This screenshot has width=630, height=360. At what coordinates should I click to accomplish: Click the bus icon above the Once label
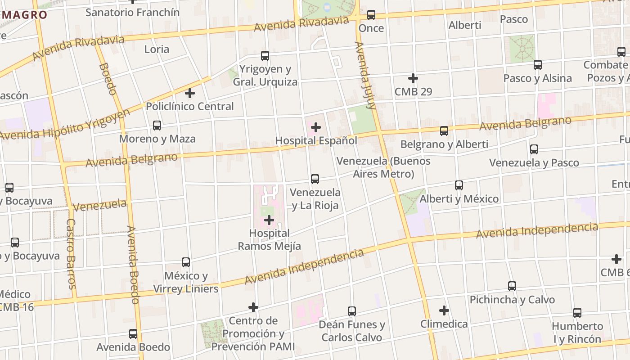coord(371,15)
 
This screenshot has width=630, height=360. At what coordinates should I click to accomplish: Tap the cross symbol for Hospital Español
coord(316,127)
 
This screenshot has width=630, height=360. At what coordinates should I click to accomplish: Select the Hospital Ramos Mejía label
coord(269,240)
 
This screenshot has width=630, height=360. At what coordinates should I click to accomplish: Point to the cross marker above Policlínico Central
coord(190,93)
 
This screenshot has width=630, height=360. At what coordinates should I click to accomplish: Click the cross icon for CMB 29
coord(413,78)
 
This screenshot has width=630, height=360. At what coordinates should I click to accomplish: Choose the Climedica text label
coord(444,324)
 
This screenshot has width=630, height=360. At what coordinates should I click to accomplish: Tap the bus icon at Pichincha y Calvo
coord(512,286)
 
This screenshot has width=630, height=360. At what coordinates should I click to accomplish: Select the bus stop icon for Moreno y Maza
coord(157,125)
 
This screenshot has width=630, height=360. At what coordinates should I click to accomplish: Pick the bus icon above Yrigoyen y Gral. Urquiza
coord(265,56)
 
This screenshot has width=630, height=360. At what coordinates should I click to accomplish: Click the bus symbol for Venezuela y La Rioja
coord(315,179)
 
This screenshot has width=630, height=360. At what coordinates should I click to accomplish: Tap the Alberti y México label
coord(459,199)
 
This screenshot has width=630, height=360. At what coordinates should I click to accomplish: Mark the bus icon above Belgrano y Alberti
coord(444,131)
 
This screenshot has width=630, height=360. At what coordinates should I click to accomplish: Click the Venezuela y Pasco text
coord(534,163)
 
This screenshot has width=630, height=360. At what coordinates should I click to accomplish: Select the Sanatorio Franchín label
coord(132,12)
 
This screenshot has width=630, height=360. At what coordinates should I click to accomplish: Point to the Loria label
coord(157,49)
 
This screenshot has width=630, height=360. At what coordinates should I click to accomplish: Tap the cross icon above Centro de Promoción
coord(253,307)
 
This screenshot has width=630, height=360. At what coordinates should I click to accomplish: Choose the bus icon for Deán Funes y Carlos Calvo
coord(352,311)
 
